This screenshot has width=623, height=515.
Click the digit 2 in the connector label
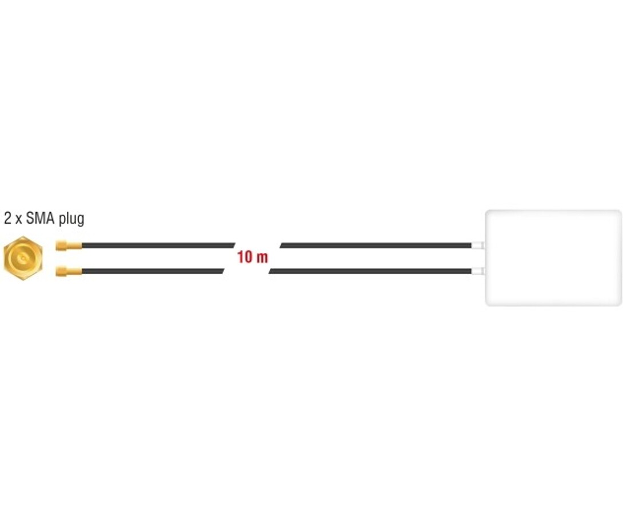click(7, 219)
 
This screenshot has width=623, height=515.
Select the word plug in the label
click(71, 219)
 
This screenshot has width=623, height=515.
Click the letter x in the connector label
click(18, 220)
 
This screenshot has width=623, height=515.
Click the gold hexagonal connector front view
click(23, 259)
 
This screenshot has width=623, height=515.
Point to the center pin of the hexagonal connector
click(23, 259)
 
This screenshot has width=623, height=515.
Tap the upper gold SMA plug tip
click(69, 245)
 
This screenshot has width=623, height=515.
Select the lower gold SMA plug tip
click(69, 272)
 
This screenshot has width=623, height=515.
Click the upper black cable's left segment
click(158, 245)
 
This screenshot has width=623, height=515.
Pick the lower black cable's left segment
click(153, 272)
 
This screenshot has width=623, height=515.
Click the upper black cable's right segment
click(376, 245)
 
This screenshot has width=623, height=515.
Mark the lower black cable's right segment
click(370, 272)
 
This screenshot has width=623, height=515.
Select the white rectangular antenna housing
click(553, 258)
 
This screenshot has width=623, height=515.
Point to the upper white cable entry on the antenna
click(478, 245)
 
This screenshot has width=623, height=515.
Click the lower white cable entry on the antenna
click(478, 272)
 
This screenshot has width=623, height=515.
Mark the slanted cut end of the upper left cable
click(234, 245)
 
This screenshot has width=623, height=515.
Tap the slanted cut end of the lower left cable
click(223, 272)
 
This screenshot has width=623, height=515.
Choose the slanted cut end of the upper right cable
click(281, 245)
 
